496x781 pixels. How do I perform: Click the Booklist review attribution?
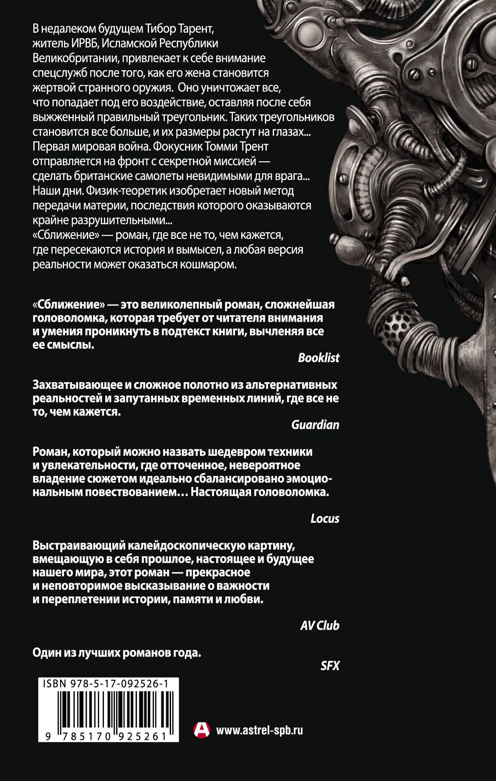318,358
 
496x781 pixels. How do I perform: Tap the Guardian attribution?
315,425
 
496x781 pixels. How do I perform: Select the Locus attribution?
325,518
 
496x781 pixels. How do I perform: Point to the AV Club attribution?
319,625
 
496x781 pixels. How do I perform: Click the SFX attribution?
330,666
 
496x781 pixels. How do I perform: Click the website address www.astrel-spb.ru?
260,730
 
